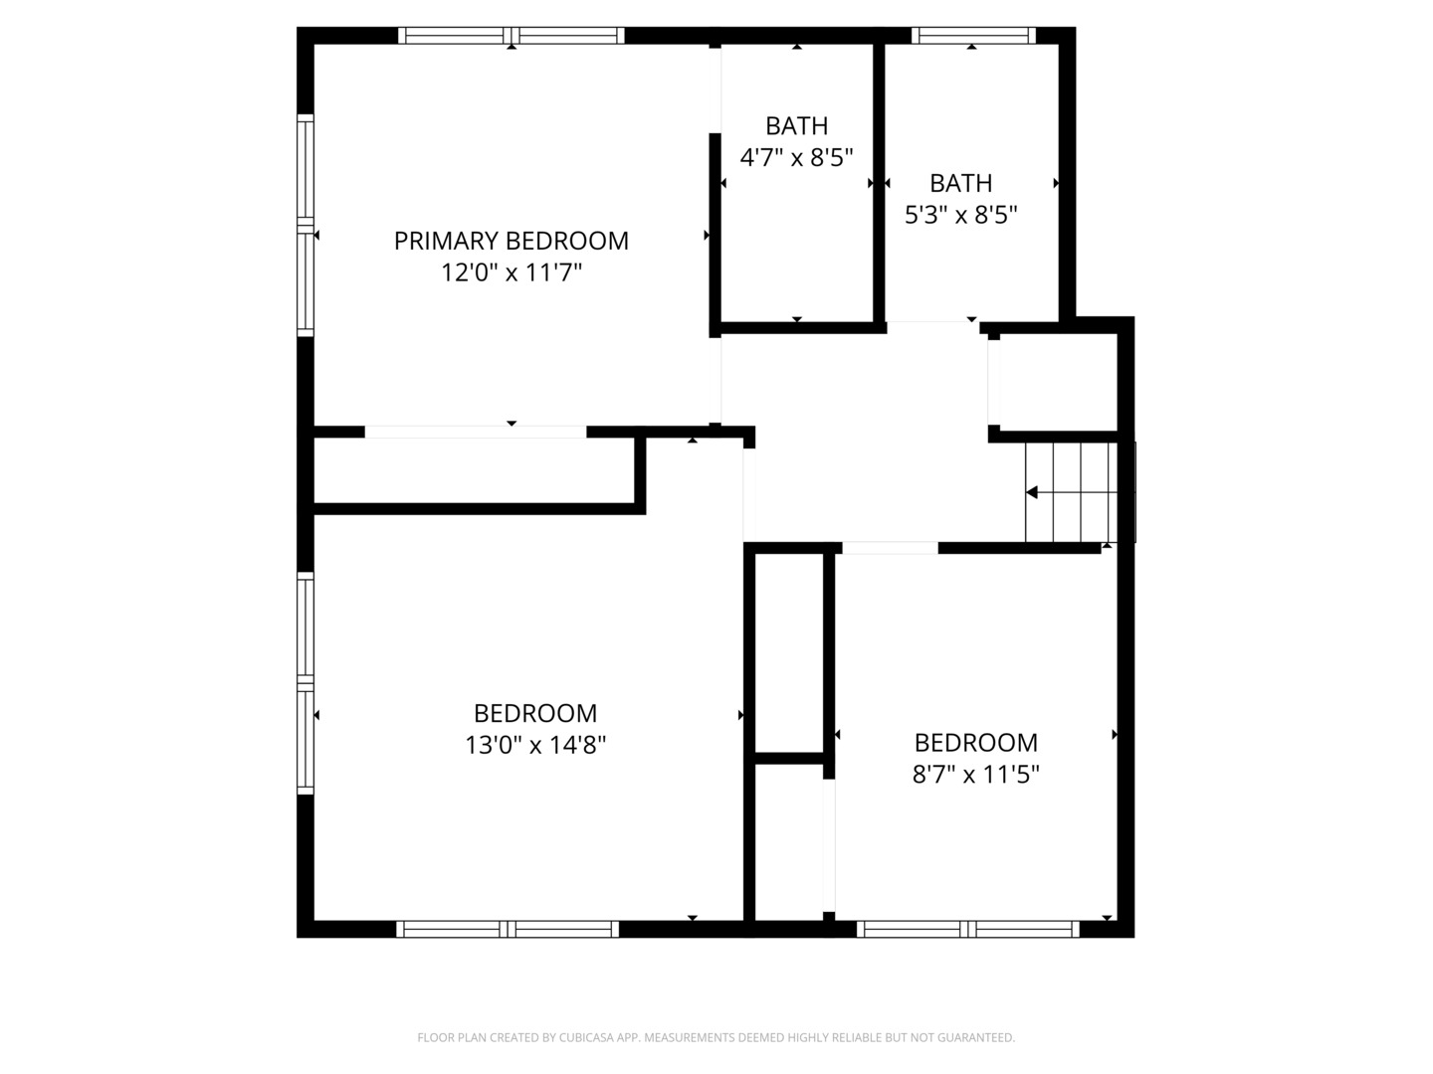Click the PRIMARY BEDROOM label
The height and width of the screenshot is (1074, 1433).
[512, 241]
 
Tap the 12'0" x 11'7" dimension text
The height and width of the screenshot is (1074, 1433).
[512, 271]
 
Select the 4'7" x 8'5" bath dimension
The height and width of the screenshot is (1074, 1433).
[796, 157]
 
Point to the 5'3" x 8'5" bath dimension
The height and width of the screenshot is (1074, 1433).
[961, 214]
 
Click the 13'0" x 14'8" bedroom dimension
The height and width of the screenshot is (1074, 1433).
[535, 744]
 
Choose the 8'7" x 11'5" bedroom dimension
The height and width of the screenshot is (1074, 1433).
[976, 774]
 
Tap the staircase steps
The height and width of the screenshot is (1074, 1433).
[1072, 492]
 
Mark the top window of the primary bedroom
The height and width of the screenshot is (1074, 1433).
[512, 35]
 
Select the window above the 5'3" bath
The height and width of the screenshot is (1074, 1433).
[973, 35]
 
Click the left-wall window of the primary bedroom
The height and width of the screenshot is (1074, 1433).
[306, 225]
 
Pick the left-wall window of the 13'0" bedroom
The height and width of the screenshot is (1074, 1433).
[306, 683]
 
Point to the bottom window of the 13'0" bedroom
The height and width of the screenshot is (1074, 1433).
[508, 929]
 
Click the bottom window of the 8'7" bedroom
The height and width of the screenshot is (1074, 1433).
[967, 929]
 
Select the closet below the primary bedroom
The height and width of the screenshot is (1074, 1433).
[475, 470]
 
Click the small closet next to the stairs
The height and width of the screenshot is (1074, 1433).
[1058, 382]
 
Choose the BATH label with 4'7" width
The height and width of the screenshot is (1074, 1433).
[796, 125]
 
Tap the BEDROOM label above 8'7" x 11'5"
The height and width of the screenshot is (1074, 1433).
[976, 743]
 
